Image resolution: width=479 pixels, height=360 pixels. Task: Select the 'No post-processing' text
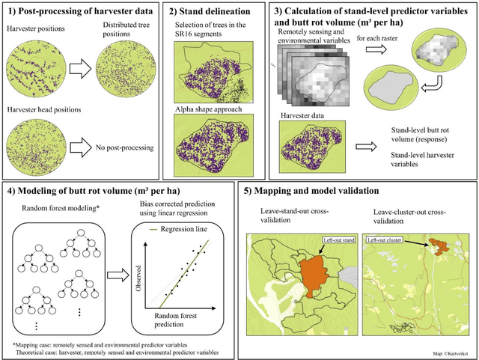click(122, 148)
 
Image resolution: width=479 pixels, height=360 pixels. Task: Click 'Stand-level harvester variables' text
click(417, 158)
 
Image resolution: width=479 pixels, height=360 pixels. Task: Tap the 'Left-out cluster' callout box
click(387, 241)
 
